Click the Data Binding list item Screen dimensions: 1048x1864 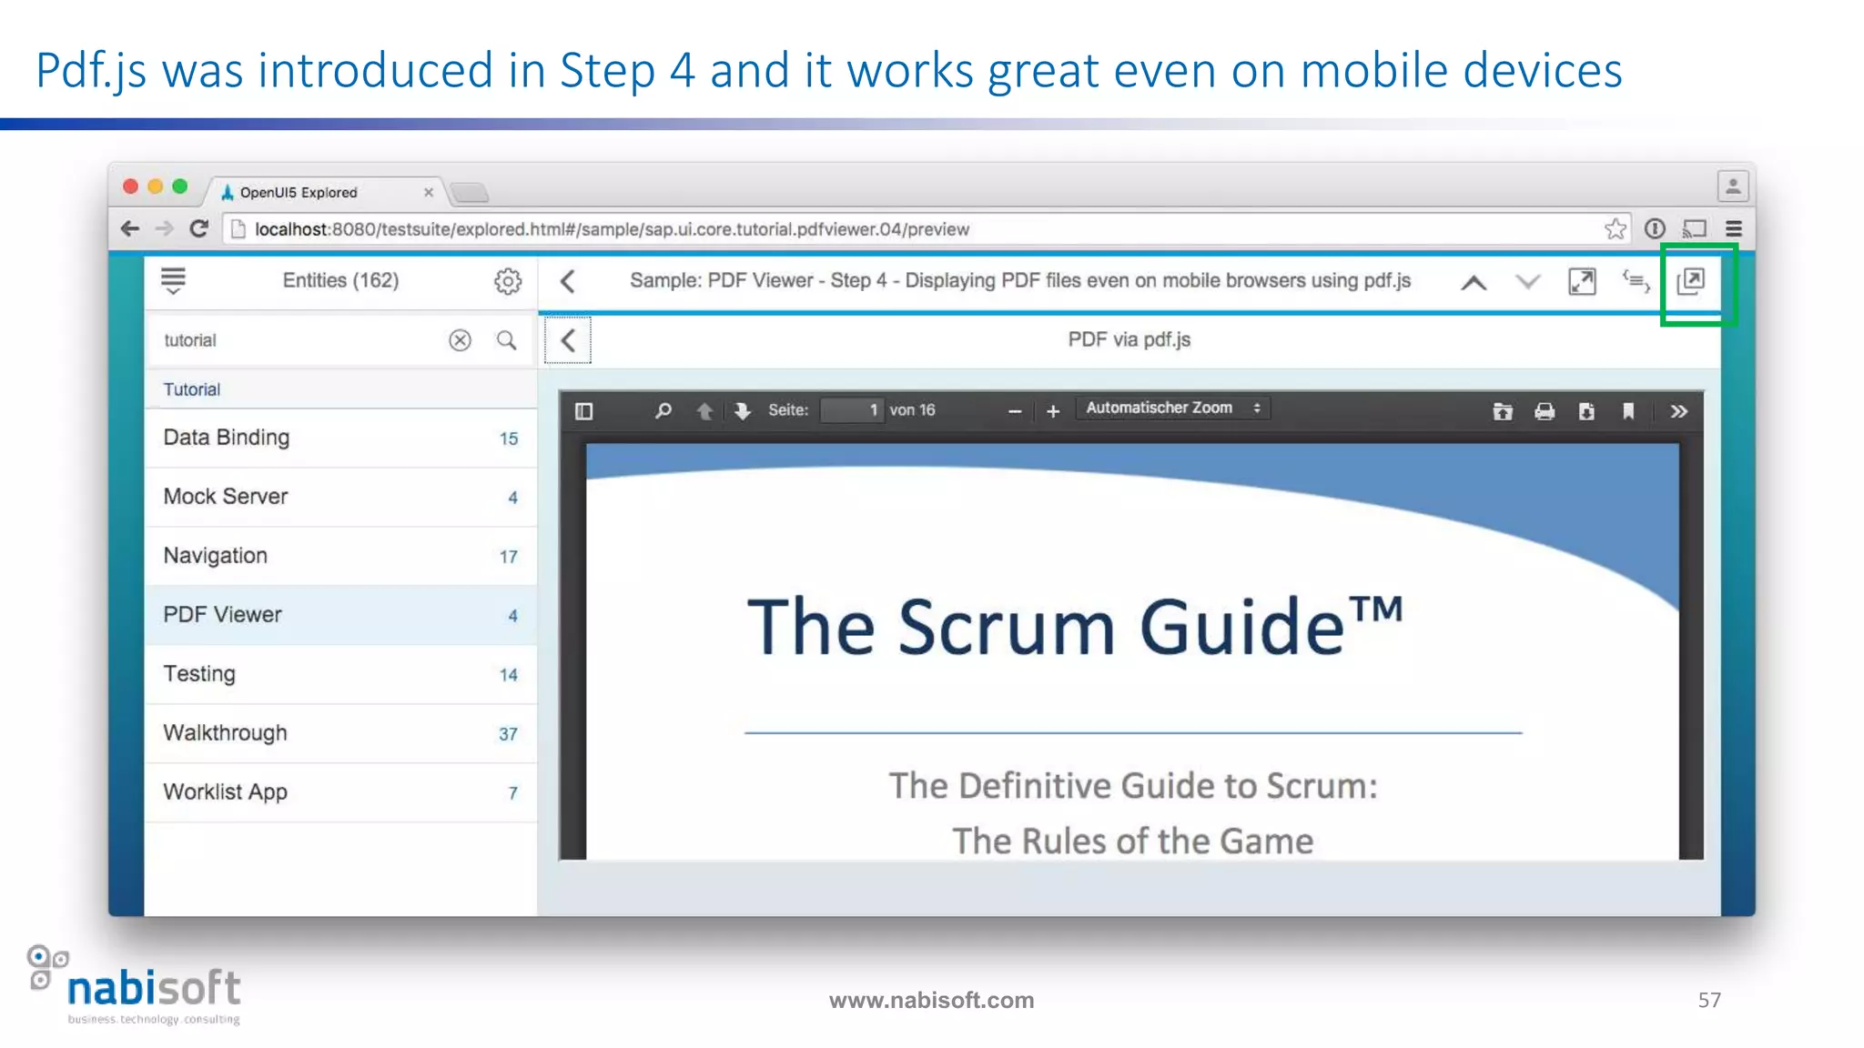pyautogui.click(x=227, y=438)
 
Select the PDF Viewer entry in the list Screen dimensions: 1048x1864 pyautogui.click(x=223, y=615)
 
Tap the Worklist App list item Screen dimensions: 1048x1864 pyautogui.click(x=226, y=792)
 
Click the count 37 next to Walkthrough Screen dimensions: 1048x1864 pyautogui.click(x=508, y=734)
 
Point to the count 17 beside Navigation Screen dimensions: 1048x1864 pyautogui.click(x=508, y=557)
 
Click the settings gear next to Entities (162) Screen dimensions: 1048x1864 pyautogui.click(x=508, y=281)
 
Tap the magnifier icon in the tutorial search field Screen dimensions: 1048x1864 pyautogui.click(x=506, y=340)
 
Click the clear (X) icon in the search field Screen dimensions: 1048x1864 pyautogui.click(x=460, y=340)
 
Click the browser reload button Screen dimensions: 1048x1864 pyautogui.click(x=199, y=228)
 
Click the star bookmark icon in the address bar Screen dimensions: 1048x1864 pyautogui.click(x=1615, y=228)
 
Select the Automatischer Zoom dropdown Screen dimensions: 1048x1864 pyautogui.click(x=1172, y=408)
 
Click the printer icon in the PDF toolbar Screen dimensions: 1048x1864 pyautogui.click(x=1545, y=411)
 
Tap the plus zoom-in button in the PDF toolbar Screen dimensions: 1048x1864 pyautogui.click(x=1053, y=411)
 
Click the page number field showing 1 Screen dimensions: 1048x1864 pyautogui.click(x=852, y=410)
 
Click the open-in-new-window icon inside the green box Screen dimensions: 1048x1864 pyautogui.click(x=1691, y=281)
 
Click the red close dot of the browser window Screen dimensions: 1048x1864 pyautogui.click(x=130, y=186)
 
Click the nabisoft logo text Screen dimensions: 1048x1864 pyautogui.click(x=154, y=989)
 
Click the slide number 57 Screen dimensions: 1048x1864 pyautogui.click(x=1709, y=1000)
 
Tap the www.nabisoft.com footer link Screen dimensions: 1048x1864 pyautogui.click(x=931, y=1000)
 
